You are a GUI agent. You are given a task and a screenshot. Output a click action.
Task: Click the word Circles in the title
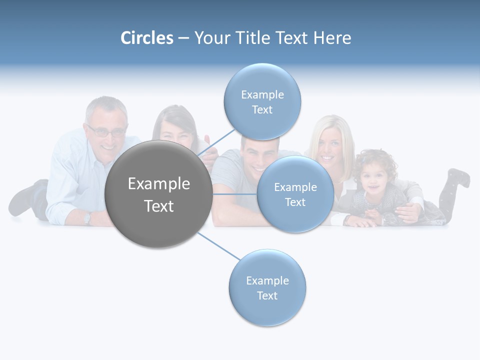tap(146, 38)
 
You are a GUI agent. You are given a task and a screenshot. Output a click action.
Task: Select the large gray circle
tap(158, 194)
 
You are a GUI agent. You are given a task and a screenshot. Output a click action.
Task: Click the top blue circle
tap(262, 101)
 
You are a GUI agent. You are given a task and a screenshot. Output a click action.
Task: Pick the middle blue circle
tap(295, 194)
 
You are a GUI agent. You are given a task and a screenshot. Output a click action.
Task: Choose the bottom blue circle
tap(267, 287)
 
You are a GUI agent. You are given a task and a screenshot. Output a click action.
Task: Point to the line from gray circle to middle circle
tap(234, 194)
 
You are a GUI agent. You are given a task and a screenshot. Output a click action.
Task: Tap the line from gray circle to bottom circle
tap(218, 246)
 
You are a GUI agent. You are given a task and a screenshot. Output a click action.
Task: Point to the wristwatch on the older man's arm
tap(87, 218)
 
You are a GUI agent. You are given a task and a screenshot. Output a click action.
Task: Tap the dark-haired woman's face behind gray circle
tap(172, 131)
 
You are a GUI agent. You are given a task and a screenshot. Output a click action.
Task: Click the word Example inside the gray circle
tap(158, 183)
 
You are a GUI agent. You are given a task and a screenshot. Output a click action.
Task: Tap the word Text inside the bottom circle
tap(267, 295)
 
